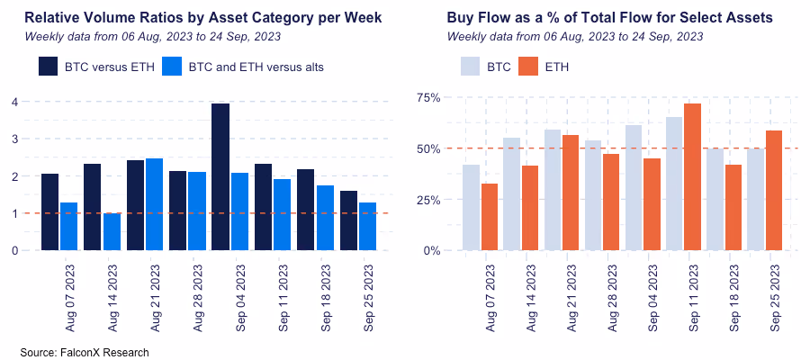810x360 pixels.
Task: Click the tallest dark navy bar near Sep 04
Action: (220, 176)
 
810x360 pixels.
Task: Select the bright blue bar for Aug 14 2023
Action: (112, 231)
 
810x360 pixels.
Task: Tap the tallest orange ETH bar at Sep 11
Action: (692, 176)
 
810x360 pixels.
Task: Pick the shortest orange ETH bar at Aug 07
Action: (490, 217)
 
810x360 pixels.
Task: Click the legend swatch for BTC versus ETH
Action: (49, 67)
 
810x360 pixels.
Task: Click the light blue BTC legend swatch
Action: (470, 67)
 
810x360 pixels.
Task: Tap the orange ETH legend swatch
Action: (528, 67)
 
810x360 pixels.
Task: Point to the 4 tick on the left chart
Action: (14, 102)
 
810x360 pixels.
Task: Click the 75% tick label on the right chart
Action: (427, 97)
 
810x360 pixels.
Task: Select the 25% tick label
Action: (427, 199)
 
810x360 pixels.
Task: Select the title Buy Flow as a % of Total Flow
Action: (609, 18)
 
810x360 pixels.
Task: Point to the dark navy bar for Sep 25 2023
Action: (348, 220)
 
